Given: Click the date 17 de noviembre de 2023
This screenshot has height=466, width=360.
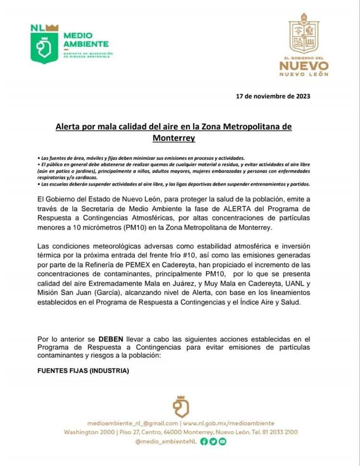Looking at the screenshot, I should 273,96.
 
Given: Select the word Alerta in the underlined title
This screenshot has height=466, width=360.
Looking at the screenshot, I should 70,126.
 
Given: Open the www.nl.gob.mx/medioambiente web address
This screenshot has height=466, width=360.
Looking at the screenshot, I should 228,423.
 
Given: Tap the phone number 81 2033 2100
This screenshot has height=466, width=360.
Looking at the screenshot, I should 278,432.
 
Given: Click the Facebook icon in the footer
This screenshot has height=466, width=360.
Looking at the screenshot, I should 204,441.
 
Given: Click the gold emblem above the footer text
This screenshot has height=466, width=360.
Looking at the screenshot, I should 180,406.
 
